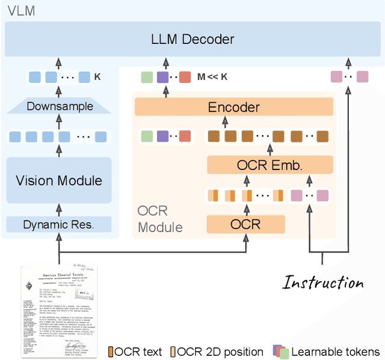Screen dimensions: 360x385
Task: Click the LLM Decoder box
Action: coord(192,40)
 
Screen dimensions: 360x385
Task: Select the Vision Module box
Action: coord(59,180)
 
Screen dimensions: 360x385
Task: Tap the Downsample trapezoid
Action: coord(59,106)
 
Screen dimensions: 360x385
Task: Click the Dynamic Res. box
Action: coord(59,225)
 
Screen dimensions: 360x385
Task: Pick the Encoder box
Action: coord(233,107)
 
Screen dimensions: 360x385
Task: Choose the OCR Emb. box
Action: coord(270,165)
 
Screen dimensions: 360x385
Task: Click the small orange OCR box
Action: coord(245,224)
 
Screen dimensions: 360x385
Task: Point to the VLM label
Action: coord(20,11)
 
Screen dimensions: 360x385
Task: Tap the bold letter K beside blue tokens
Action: coord(98,77)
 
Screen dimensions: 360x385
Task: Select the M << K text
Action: coord(213,77)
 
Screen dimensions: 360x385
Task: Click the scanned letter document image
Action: coord(59,309)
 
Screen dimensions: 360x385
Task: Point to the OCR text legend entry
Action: coord(135,352)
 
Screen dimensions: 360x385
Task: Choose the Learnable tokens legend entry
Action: coord(327,352)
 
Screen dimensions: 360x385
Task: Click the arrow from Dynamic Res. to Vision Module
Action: coord(59,208)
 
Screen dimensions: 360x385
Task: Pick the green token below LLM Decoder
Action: coord(147,77)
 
